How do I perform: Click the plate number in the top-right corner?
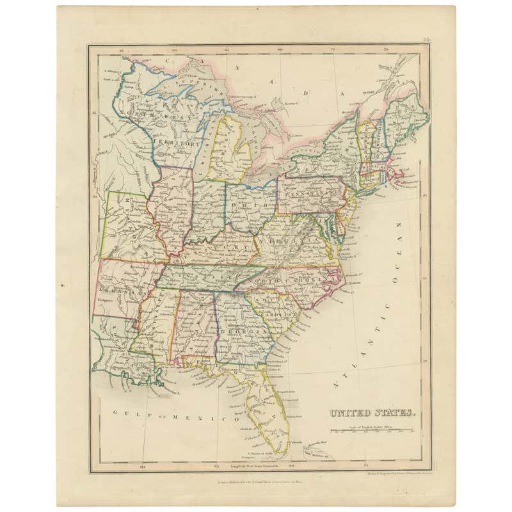pyautogui.click(x=426, y=43)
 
